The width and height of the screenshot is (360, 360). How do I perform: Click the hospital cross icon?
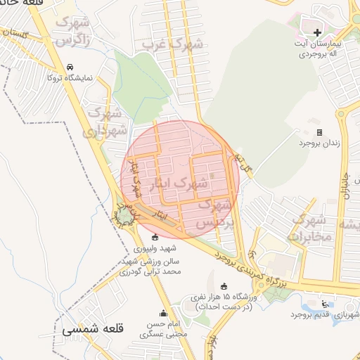point(317,32)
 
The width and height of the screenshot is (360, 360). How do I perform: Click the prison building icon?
point(319,132)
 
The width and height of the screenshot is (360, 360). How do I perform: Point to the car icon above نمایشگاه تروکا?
point(70,67)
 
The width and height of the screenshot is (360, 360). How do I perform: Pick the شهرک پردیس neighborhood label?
point(215,213)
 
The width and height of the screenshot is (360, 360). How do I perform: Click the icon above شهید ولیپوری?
point(155,237)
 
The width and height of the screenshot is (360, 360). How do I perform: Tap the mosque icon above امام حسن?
point(163,314)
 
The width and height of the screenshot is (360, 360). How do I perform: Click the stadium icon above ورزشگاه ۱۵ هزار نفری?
point(224,286)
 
